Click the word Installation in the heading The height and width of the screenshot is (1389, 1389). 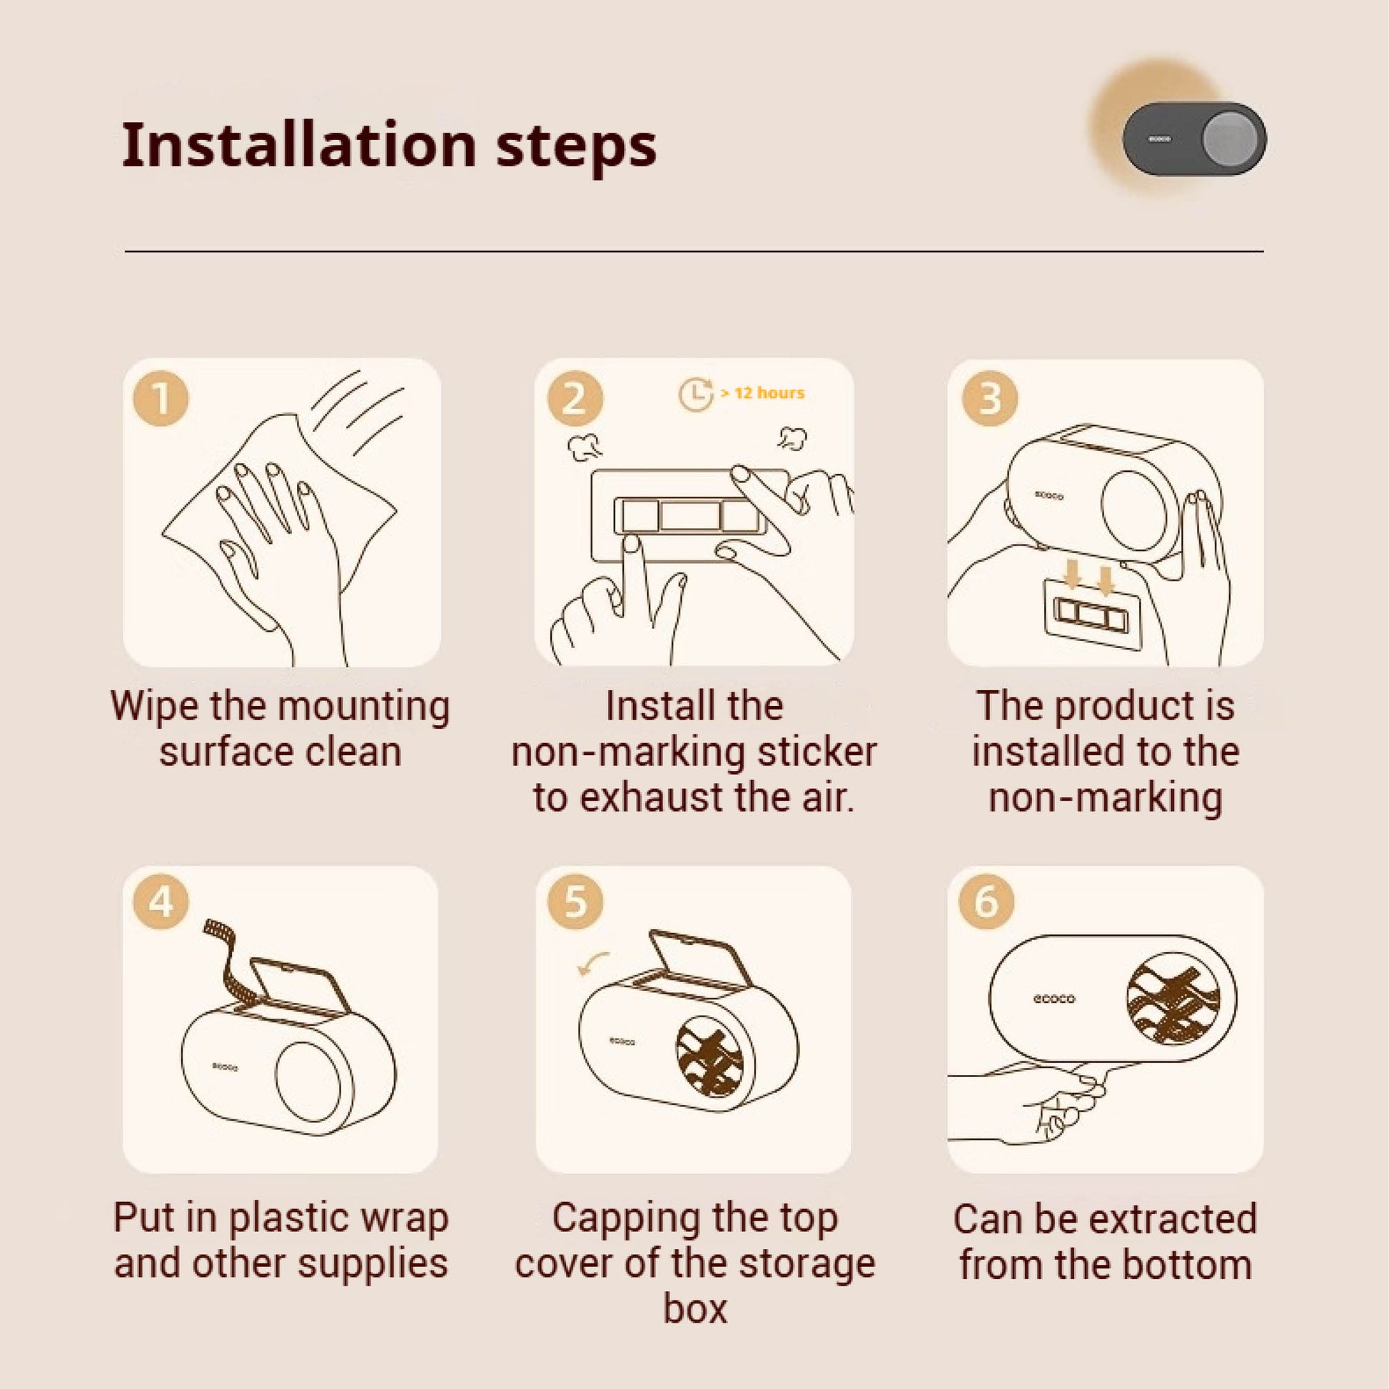[300, 145]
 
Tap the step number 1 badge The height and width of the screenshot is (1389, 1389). [161, 398]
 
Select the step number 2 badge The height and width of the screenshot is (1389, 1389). [575, 398]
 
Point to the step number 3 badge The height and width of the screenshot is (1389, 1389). [989, 398]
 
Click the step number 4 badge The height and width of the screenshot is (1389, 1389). [161, 901]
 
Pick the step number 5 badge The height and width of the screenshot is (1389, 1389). [575, 901]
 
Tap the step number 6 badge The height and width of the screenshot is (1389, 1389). [987, 901]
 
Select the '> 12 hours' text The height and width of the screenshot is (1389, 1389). [762, 393]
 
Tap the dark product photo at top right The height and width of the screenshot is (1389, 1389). [1194, 138]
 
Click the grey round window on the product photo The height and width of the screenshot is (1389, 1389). [1231, 138]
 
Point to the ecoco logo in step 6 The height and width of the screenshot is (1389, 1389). [1054, 999]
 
